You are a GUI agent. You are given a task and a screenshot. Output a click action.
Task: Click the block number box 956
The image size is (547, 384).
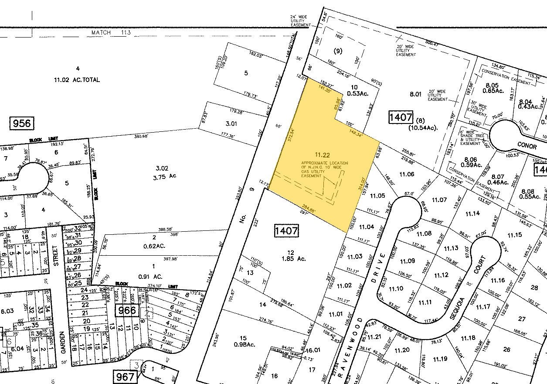[x=22, y=123]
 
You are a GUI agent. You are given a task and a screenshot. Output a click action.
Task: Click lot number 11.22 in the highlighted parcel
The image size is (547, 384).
[x=323, y=154]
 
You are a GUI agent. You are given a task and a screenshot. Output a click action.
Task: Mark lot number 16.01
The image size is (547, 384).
[x=313, y=350]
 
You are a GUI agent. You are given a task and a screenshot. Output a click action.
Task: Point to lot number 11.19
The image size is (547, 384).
[x=440, y=359]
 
